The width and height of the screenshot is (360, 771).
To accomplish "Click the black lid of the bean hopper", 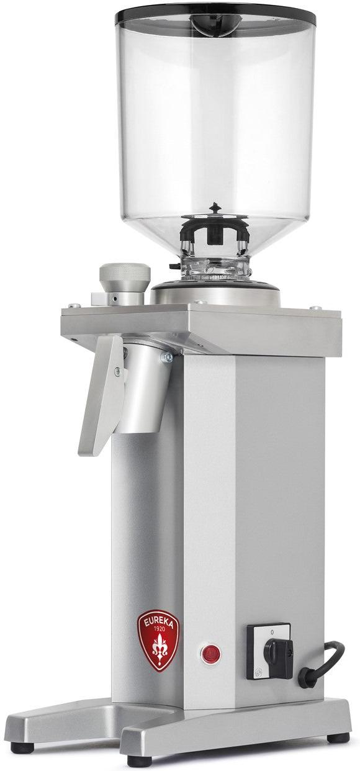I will coord(214,12).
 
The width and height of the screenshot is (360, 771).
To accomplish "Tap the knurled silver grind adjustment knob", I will coord(125,276).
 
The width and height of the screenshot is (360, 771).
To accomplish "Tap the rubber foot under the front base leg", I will coord(139,760).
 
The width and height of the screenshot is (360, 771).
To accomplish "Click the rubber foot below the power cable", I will coord(338,738).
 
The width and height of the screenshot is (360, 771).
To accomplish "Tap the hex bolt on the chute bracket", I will coord(166,357).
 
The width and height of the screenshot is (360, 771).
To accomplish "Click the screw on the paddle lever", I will coord(117,372).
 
